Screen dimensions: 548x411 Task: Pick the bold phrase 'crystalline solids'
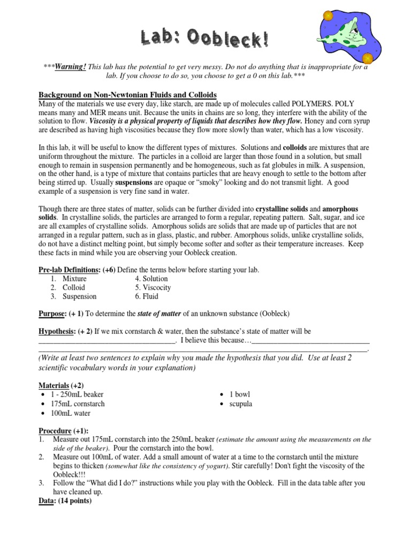coord(287,209)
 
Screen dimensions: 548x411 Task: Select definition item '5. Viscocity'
coord(156,287)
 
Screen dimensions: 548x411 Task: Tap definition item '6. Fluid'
coord(147,296)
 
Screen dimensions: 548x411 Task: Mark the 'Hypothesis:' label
coord(57,331)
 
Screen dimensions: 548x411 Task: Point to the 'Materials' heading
coord(54,385)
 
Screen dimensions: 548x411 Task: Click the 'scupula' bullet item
coord(240,404)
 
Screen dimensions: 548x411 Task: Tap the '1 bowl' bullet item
coord(239,394)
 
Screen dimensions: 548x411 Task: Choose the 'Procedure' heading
coord(55,430)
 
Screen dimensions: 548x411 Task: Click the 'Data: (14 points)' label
coord(65,501)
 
